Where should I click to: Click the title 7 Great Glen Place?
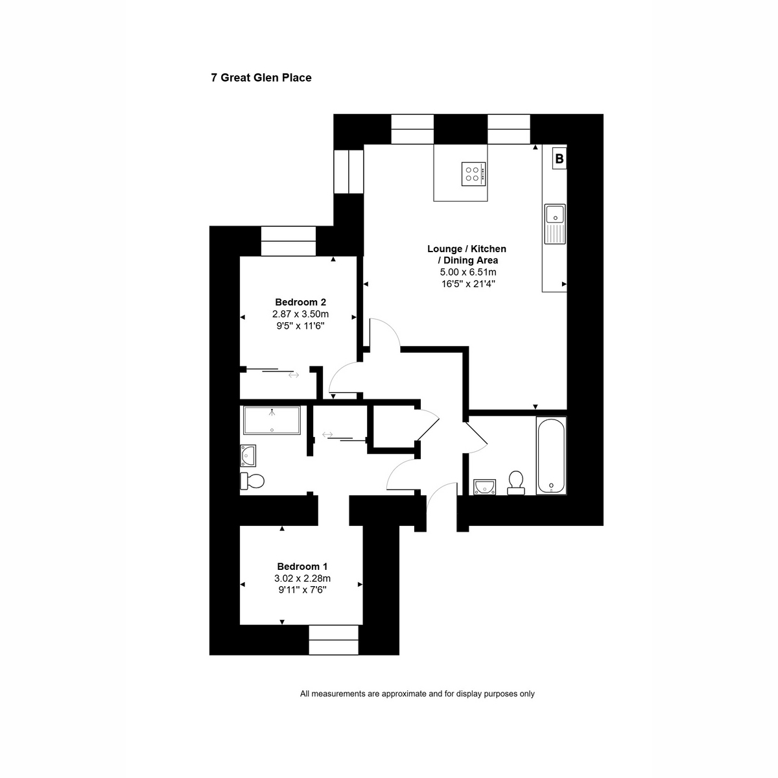[261, 78]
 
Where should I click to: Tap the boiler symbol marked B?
[559, 158]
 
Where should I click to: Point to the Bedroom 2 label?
[300, 302]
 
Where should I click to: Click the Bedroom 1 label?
[302, 566]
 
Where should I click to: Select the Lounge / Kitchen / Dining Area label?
[467, 254]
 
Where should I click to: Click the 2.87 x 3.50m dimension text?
[300, 314]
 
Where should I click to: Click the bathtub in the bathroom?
[551, 455]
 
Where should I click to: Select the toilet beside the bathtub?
[515, 482]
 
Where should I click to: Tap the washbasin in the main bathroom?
[485, 487]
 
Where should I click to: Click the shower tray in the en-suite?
[272, 421]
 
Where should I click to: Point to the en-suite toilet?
[252, 481]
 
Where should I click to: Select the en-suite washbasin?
[248, 456]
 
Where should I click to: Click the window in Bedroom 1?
[333, 639]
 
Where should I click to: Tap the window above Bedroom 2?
[289, 241]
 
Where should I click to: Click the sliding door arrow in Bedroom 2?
[294, 375]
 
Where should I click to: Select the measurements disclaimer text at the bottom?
[417, 694]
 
